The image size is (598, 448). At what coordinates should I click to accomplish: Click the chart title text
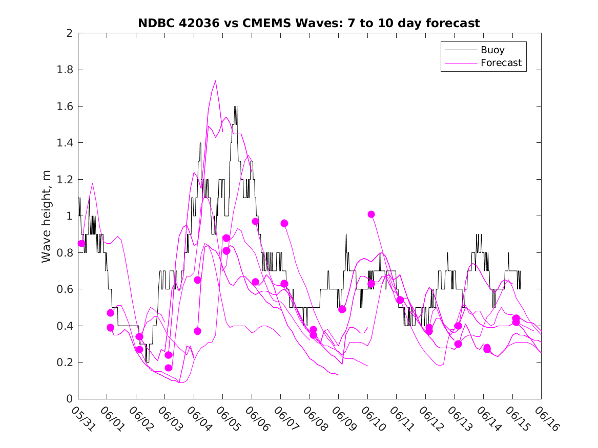309,24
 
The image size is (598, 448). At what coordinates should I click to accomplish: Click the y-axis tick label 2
69,33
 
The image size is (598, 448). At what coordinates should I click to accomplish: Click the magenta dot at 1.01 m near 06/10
371,215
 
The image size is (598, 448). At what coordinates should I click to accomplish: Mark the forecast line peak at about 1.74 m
215,81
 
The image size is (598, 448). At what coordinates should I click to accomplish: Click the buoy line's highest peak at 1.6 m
235,106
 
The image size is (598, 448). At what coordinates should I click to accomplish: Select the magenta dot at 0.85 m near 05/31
81,243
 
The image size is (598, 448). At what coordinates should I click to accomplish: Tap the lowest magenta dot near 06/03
169,368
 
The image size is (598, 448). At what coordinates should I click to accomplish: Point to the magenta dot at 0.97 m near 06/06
255,222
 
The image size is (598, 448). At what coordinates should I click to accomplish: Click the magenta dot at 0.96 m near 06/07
284,223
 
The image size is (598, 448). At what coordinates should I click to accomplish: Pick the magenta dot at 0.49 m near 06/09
342,309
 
